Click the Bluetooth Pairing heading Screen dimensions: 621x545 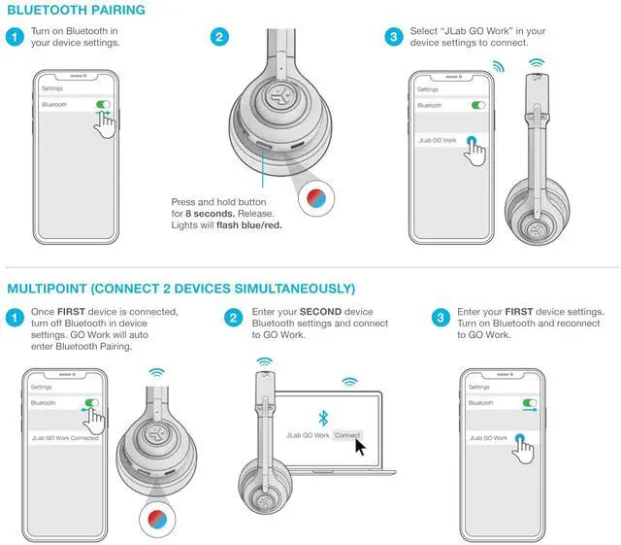[76, 11]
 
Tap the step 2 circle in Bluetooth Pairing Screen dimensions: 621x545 [220, 38]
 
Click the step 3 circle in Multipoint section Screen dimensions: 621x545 [439, 318]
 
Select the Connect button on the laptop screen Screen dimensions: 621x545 [347, 435]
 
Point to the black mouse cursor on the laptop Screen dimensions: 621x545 [361, 446]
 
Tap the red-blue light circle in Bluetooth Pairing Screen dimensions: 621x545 [317, 197]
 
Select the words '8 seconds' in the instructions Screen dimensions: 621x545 [208, 213]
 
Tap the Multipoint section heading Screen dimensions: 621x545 [180, 289]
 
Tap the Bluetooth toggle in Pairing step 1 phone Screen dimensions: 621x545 [103, 104]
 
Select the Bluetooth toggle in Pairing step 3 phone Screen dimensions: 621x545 [477, 104]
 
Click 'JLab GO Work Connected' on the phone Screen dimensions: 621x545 [65, 438]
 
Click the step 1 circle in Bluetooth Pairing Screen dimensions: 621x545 [15, 38]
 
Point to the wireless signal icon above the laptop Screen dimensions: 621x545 [349, 382]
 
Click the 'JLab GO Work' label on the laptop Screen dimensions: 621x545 [308, 435]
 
